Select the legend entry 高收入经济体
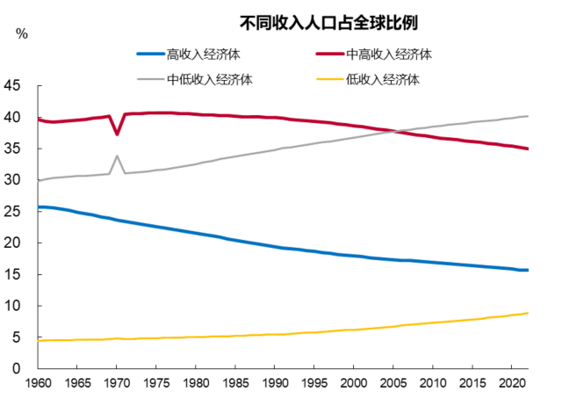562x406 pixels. tap(203, 54)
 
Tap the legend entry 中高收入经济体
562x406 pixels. tap(390, 54)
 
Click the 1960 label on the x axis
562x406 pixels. tap(38, 386)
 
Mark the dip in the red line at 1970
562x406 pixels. tap(118, 134)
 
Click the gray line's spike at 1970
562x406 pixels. tap(118, 156)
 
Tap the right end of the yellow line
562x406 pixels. tap(528, 313)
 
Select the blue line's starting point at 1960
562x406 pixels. tap(39, 207)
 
